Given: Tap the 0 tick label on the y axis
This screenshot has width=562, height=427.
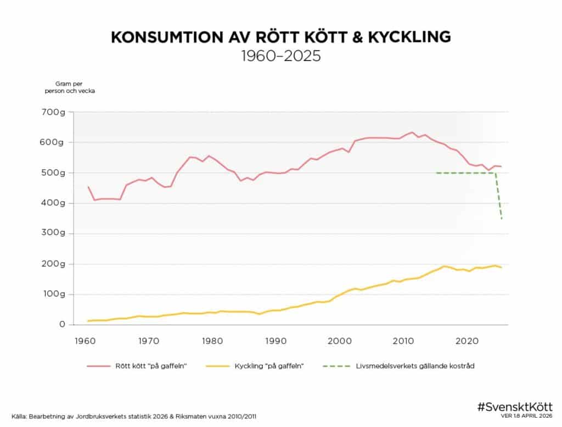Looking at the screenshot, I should coord(63,325).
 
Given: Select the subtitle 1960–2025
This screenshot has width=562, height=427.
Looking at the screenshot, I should coord(280,56).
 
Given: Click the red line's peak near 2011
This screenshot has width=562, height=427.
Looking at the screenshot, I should coord(412,132).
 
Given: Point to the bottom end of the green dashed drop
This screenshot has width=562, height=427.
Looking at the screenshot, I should coord(502,219).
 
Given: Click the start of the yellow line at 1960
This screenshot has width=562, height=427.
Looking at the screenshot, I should coord(88,321).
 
